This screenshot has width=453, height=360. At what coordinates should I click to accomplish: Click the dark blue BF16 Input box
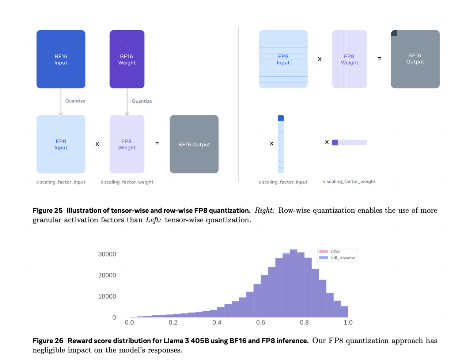(x=61, y=59)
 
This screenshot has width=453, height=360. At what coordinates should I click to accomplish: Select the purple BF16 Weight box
(x=127, y=59)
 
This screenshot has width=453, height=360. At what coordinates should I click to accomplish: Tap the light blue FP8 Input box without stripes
(x=61, y=144)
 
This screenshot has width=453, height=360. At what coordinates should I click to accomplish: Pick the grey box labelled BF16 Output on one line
(x=194, y=144)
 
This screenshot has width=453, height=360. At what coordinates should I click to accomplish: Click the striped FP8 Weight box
(x=349, y=59)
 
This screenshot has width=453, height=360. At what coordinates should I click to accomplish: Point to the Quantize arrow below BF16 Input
(x=61, y=102)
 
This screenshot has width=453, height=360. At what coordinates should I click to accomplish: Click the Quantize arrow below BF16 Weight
(x=127, y=102)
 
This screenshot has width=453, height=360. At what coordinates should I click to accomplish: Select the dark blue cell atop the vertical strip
(x=280, y=118)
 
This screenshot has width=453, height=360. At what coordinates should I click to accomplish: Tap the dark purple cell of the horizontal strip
(x=335, y=143)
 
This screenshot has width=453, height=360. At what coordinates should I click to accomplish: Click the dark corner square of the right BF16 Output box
(x=394, y=33)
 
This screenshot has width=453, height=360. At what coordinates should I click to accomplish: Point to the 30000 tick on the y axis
(x=107, y=254)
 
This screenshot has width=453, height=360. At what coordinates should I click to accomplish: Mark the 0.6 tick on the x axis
(x=261, y=323)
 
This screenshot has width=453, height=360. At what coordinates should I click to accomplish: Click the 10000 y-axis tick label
(x=107, y=297)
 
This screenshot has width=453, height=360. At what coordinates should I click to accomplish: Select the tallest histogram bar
(x=293, y=283)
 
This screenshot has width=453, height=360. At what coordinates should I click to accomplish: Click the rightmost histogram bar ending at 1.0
(x=344, y=312)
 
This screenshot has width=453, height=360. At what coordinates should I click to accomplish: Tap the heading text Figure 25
(x=47, y=211)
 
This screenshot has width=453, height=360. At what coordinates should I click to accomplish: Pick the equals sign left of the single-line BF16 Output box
(x=157, y=144)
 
